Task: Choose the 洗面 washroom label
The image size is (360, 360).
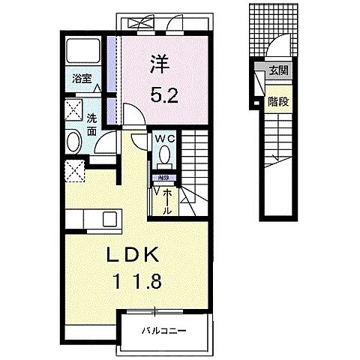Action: coord(91,123)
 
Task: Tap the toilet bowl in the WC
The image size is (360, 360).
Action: coord(164,155)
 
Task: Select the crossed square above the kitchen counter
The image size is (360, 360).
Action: coord(74,170)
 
